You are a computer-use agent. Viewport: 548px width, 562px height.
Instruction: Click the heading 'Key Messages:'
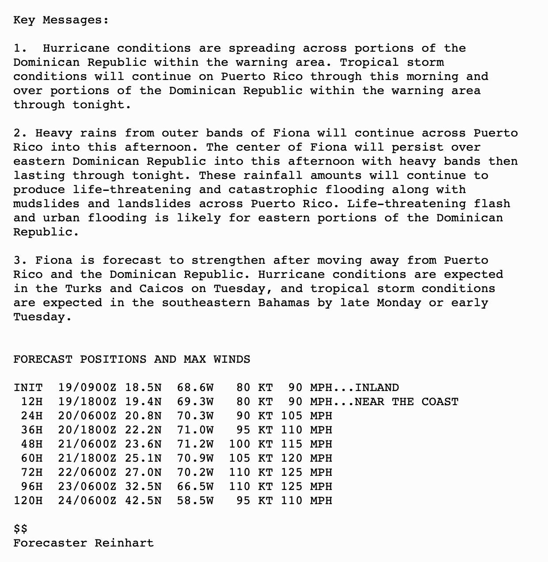click(x=61, y=20)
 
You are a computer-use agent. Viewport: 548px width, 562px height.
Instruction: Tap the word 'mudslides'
click(x=46, y=204)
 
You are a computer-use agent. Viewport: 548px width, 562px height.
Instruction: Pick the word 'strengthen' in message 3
click(x=228, y=260)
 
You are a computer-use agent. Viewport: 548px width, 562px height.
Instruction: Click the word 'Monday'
click(x=399, y=303)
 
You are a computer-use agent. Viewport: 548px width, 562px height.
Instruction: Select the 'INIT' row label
click(x=28, y=387)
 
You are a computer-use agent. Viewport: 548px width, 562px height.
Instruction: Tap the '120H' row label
click(x=28, y=501)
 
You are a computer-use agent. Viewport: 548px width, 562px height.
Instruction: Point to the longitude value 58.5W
click(x=195, y=501)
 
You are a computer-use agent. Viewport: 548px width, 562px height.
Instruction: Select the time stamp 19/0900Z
click(x=87, y=387)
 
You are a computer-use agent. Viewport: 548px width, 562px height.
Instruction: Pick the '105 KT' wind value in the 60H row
click(x=251, y=458)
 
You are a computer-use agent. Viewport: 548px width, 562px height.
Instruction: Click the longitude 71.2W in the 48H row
click(x=195, y=444)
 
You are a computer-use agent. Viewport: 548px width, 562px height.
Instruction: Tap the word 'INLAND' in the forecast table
click(x=377, y=387)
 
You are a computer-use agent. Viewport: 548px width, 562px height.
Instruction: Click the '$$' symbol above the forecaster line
click(x=20, y=529)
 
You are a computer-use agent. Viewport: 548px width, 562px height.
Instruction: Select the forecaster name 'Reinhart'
click(x=124, y=543)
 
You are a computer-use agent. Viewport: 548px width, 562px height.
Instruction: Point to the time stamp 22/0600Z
click(x=87, y=472)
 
